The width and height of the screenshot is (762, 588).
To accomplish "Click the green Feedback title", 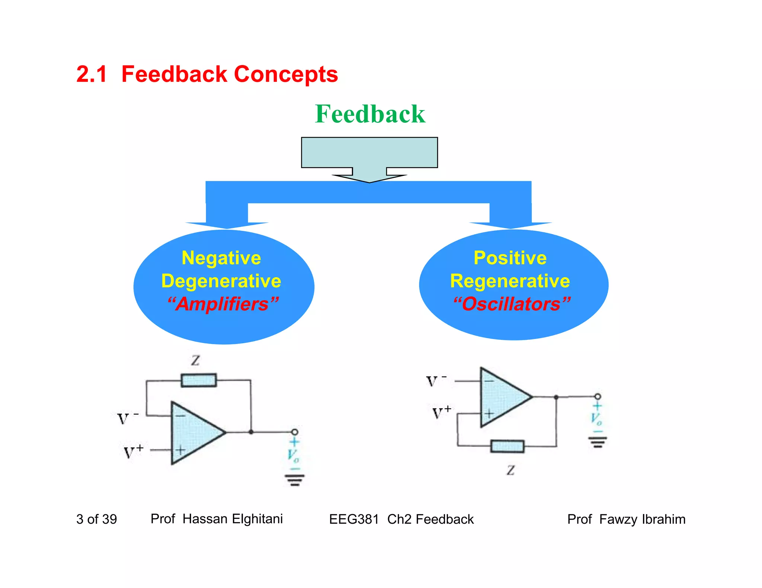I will [370, 114].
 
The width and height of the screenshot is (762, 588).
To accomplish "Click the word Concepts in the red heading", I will [286, 74].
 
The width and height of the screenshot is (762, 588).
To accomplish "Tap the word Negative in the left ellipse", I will [221, 258].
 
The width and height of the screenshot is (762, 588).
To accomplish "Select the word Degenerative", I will [221, 281].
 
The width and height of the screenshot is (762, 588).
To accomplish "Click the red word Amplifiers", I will [222, 304].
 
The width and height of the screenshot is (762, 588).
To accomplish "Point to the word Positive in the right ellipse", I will [510, 258].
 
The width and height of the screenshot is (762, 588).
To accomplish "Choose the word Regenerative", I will [510, 281].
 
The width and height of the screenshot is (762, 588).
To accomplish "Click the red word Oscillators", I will [511, 304].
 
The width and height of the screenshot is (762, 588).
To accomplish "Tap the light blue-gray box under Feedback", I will [369, 152].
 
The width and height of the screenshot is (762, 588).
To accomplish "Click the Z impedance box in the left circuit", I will [199, 381].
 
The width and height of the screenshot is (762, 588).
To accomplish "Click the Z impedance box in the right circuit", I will [507, 446].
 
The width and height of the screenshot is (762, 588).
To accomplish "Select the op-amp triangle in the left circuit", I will [193, 433].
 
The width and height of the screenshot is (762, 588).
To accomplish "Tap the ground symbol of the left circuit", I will [295, 480].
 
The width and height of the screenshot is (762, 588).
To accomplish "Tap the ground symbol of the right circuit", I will [598, 442].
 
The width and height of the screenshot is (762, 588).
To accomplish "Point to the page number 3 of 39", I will [96, 519].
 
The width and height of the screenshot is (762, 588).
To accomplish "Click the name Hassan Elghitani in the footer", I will [233, 519].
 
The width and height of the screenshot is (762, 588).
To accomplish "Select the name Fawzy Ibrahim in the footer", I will [642, 519].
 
